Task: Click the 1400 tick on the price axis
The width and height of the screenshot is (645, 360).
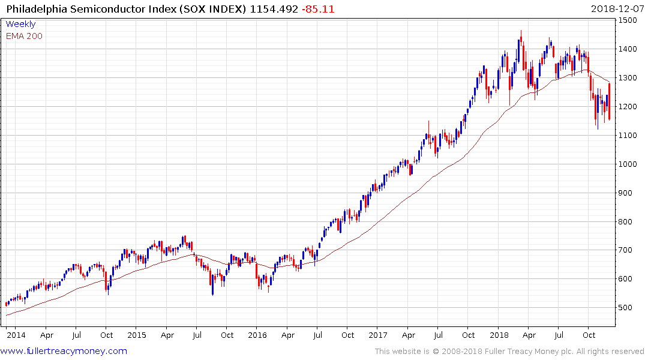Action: [x=629, y=49]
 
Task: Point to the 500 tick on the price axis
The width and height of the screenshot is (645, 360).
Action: [x=626, y=308]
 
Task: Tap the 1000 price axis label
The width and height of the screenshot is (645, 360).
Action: [x=629, y=164]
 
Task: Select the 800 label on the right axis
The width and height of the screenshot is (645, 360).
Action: [x=626, y=222]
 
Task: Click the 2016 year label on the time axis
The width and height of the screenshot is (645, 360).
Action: [x=257, y=335]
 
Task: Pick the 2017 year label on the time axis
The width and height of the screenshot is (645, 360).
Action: [x=379, y=335]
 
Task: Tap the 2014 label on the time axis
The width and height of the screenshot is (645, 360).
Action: [x=16, y=335]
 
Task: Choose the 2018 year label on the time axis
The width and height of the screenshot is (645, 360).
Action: [x=499, y=335]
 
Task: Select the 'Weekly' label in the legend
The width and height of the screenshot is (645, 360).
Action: [x=20, y=25]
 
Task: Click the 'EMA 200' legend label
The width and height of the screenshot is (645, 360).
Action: [x=24, y=36]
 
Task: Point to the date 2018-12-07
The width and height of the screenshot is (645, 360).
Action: [x=616, y=9]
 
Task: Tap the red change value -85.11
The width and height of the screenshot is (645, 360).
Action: [x=318, y=9]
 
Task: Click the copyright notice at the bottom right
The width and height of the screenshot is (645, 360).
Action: [x=509, y=351]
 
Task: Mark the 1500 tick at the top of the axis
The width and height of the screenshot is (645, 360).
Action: [x=629, y=20]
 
